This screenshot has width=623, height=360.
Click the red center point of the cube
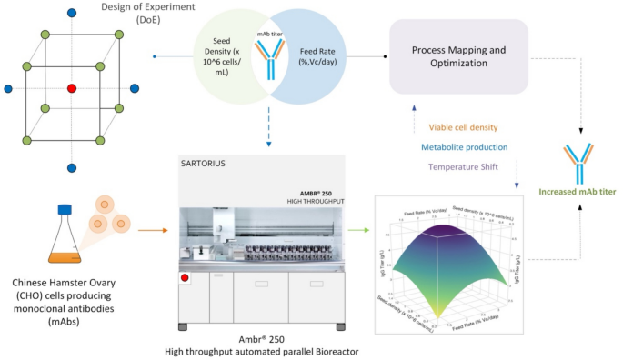coord(71,88)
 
